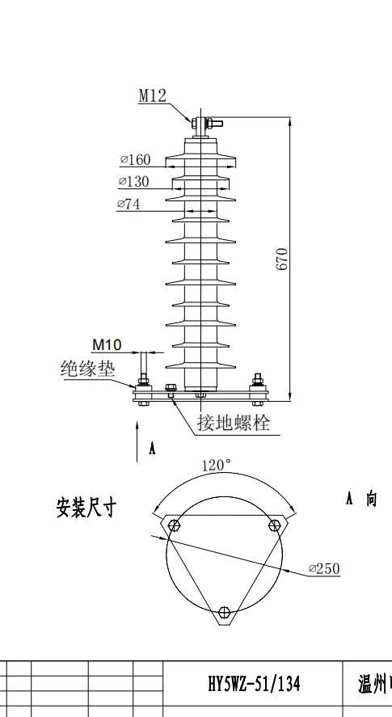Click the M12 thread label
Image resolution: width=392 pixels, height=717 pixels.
point(152,95)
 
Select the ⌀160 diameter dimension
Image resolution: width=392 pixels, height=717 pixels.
point(136,159)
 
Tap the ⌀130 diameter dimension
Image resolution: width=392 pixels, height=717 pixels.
point(133,182)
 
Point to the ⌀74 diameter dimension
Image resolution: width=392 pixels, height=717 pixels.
point(129,204)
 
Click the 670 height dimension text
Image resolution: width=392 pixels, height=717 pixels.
point(283,259)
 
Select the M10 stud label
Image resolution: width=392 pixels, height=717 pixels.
point(107,345)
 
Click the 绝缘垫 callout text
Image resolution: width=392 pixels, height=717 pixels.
point(87,369)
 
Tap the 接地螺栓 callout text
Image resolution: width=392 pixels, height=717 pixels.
point(234,423)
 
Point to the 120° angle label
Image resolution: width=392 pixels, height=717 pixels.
point(217,466)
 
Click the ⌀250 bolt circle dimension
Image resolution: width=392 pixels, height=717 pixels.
point(324,568)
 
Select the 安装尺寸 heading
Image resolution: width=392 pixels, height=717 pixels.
point(86,508)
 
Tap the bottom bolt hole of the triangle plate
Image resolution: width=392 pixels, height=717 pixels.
point(224,612)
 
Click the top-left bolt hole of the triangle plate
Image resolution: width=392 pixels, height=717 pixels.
point(174,525)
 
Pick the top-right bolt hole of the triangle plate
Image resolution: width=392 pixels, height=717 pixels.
point(275,525)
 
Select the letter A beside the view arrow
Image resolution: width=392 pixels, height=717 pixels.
point(152,449)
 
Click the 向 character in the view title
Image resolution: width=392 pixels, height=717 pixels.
point(372,499)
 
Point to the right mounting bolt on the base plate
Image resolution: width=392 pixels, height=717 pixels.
point(258,389)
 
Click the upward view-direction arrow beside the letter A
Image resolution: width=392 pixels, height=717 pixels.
point(137,441)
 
